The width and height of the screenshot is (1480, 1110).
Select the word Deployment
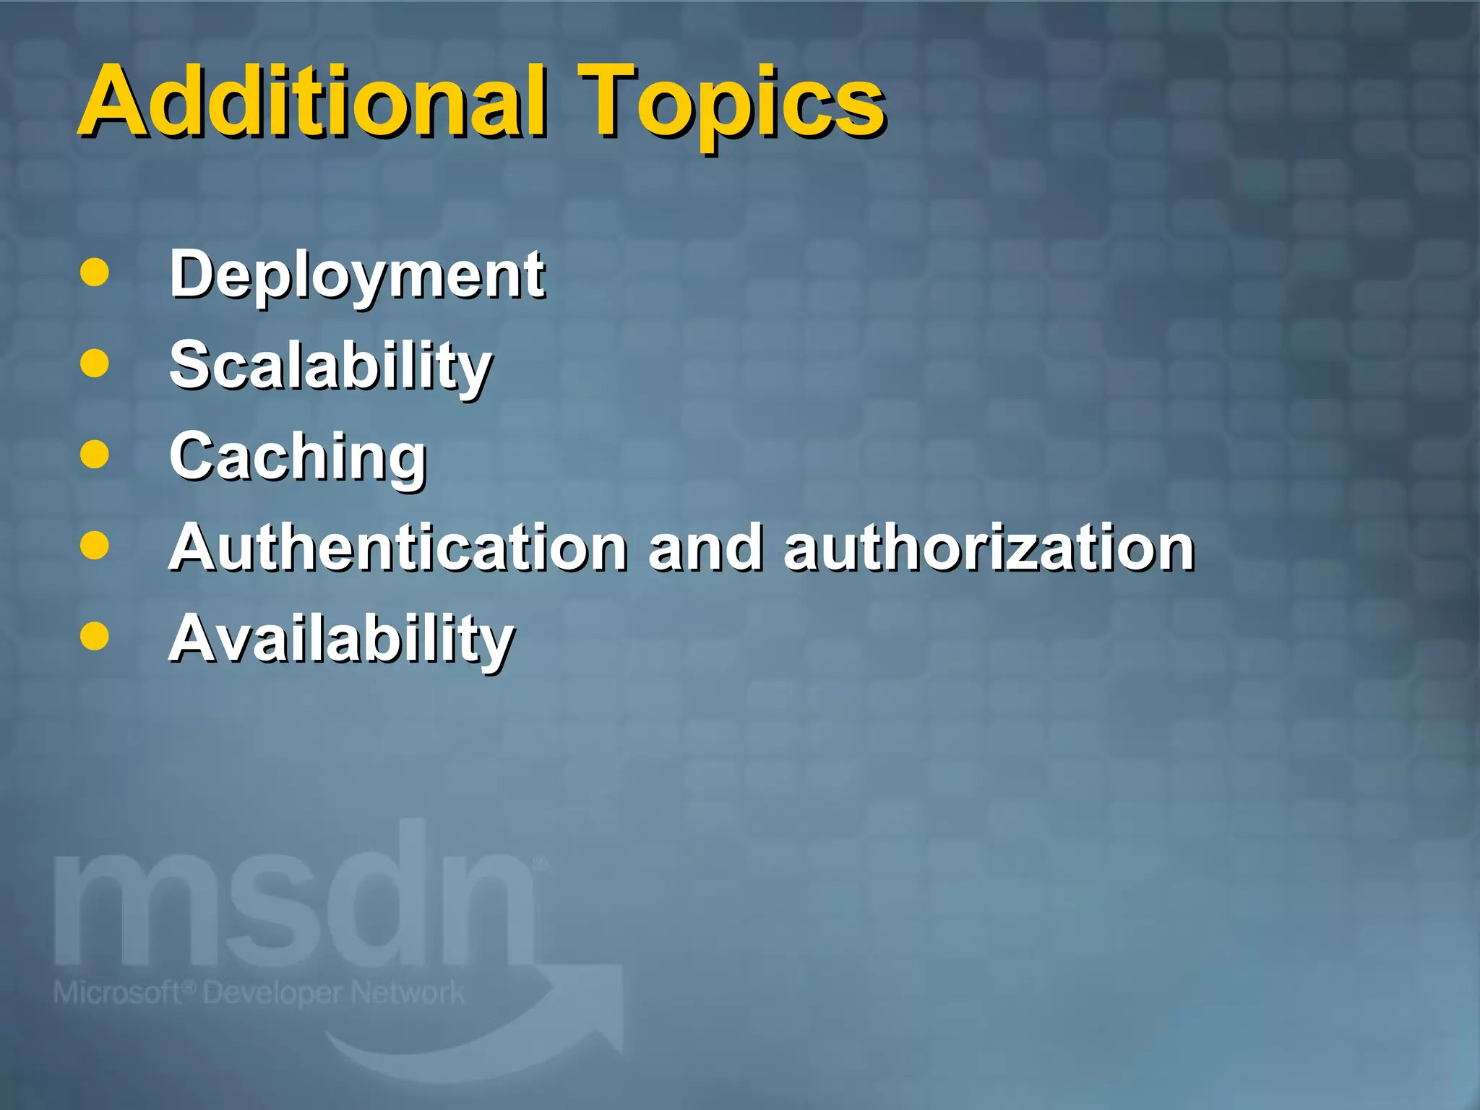357,277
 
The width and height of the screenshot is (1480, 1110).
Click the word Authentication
398,548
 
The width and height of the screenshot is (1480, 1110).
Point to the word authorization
989,548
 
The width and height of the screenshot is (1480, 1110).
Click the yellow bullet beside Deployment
95,273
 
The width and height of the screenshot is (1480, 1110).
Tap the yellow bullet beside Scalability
95,363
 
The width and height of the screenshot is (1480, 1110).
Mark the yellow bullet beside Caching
95,455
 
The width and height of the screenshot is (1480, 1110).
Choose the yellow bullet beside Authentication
95,546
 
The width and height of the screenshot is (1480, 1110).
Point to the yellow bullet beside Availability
95,637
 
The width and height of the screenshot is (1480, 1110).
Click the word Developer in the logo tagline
268,994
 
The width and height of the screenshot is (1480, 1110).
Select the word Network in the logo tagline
408,993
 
